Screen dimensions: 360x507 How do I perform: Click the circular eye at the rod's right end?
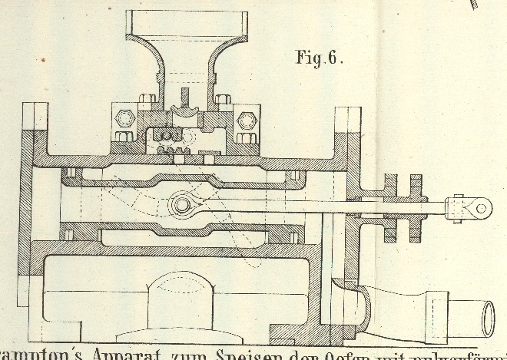[x=482, y=205]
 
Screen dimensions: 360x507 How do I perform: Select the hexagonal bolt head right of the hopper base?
[x=245, y=120]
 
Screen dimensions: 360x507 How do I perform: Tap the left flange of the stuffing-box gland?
[x=390, y=206]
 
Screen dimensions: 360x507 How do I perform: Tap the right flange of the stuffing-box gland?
[x=416, y=206]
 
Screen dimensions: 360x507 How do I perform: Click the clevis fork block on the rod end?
[x=459, y=206]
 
